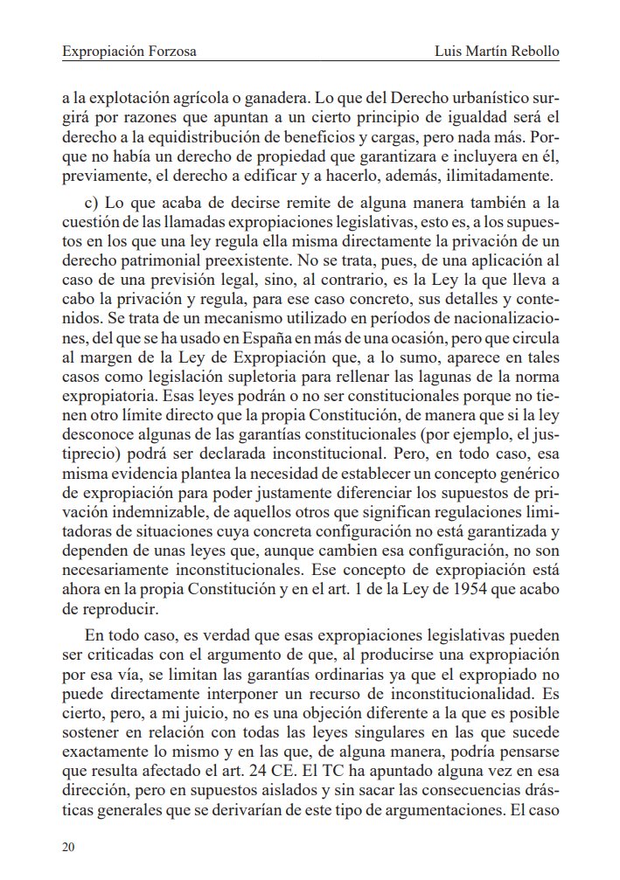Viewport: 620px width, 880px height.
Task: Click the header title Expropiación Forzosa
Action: pyautogui.click(x=129, y=52)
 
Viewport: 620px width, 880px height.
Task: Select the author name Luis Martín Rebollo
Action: pyautogui.click(x=497, y=52)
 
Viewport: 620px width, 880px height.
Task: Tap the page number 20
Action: pyautogui.click(x=69, y=846)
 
